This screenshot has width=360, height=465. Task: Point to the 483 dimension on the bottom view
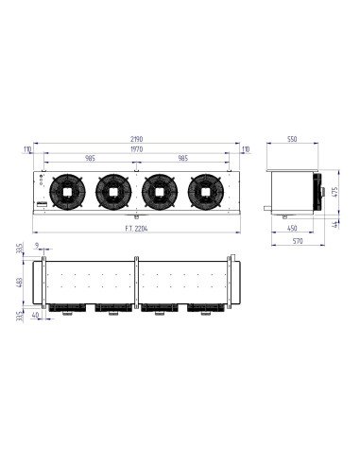tap(21, 284)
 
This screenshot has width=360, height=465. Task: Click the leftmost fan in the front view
tap(66, 191)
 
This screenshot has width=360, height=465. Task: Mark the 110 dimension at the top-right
tap(245, 149)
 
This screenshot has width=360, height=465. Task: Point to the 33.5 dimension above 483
tap(21, 251)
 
